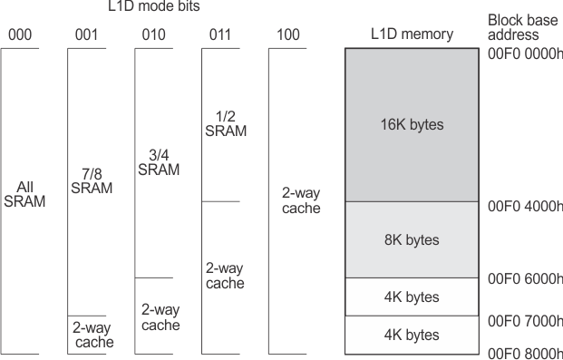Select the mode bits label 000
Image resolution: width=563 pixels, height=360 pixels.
click(21, 35)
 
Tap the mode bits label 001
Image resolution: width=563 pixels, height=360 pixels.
click(88, 35)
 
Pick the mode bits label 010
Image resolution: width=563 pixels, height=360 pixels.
click(155, 35)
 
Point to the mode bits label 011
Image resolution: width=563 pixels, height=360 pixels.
click(222, 35)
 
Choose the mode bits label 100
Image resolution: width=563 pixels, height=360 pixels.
click(289, 35)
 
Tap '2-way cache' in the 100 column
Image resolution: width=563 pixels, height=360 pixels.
click(289, 201)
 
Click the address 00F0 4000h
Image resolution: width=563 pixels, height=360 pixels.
click(525, 205)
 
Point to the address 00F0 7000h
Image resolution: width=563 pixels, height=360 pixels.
click(525, 321)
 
